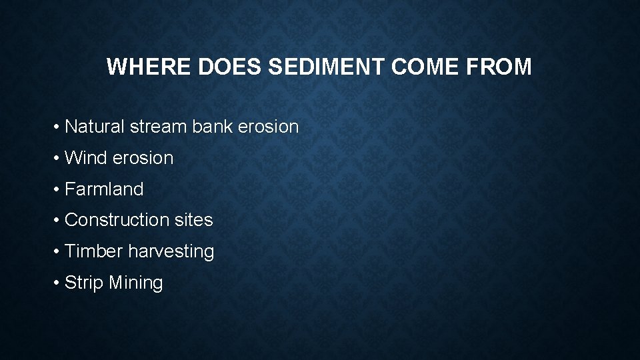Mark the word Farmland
(104, 189)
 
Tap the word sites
(193, 220)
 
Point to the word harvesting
(171, 252)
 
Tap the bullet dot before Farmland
(58, 190)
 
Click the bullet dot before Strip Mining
(58, 283)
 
